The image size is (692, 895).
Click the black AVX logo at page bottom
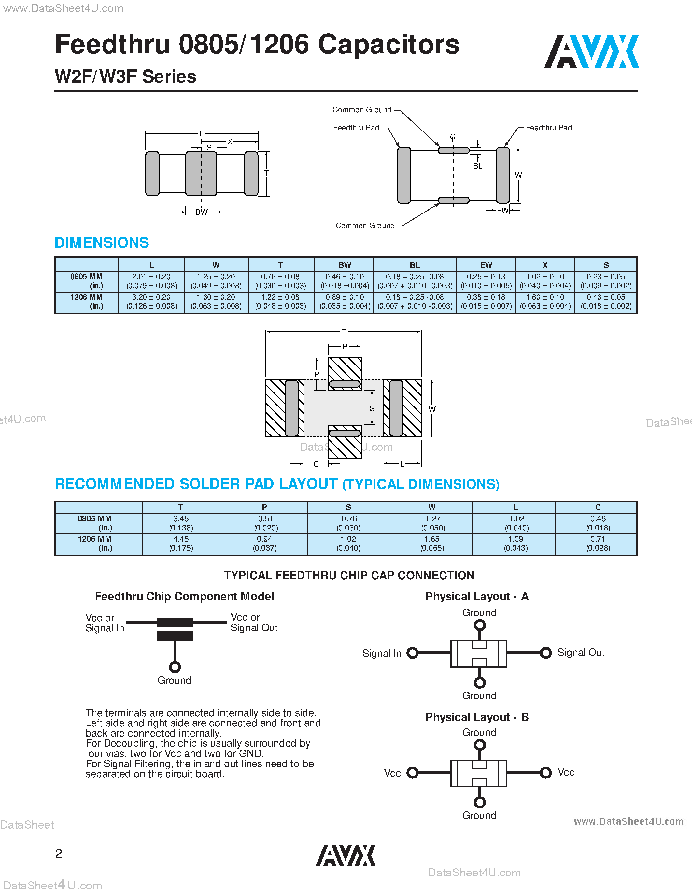point(345,855)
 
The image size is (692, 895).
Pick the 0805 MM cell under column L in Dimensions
point(151,281)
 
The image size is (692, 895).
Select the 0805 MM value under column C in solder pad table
point(598,523)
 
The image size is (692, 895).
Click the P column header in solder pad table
point(264,507)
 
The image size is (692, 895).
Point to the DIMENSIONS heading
point(102,242)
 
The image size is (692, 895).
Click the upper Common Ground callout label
point(361,110)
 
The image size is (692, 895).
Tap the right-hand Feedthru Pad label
point(548,128)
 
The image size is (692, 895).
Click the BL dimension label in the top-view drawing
point(478,166)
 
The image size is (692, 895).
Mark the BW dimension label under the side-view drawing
point(201,212)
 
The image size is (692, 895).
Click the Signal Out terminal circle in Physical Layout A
point(546,653)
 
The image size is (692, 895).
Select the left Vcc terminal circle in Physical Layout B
point(412,773)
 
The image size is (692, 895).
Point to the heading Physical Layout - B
point(477,717)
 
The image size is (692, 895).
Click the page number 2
point(59,853)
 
